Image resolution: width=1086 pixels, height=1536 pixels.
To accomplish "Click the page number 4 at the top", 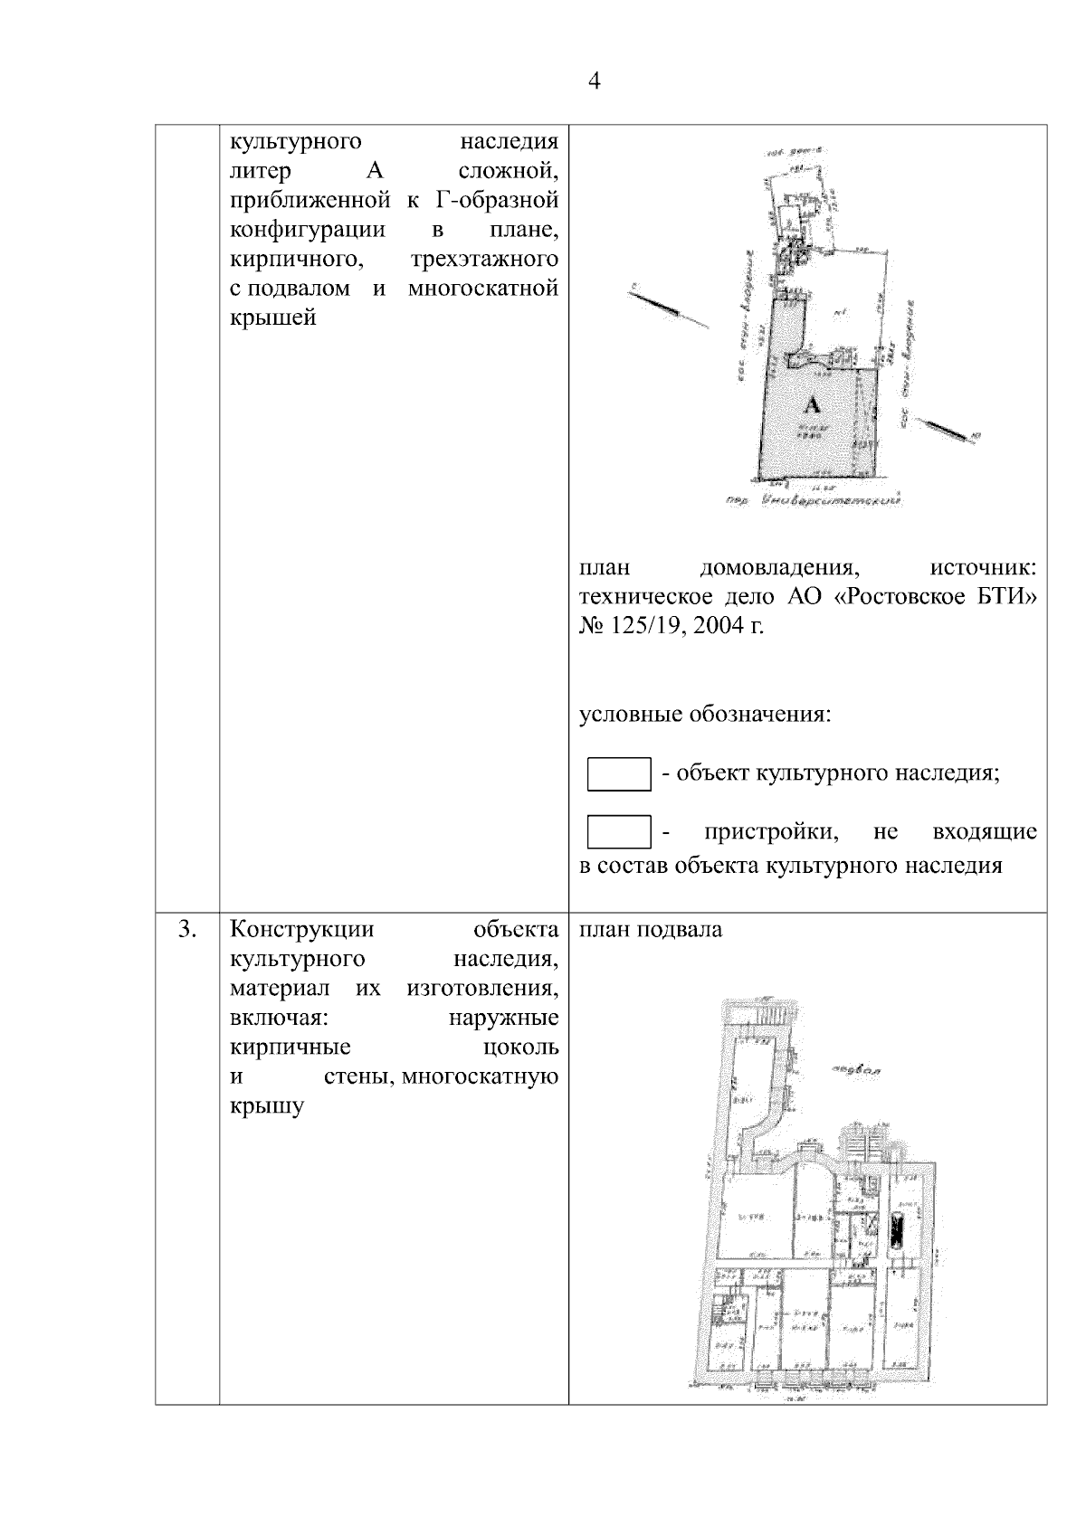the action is click(594, 82).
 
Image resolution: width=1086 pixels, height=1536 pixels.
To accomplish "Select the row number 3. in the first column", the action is click(187, 929).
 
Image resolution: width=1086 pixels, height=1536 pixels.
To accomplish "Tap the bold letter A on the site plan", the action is click(813, 404).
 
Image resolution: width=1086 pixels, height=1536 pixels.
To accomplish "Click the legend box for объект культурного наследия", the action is click(619, 774).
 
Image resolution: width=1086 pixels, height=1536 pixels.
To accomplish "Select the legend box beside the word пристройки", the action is click(619, 832).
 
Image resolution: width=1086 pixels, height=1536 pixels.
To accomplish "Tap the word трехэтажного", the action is click(483, 260).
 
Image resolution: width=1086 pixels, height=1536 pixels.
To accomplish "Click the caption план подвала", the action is click(651, 929).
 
